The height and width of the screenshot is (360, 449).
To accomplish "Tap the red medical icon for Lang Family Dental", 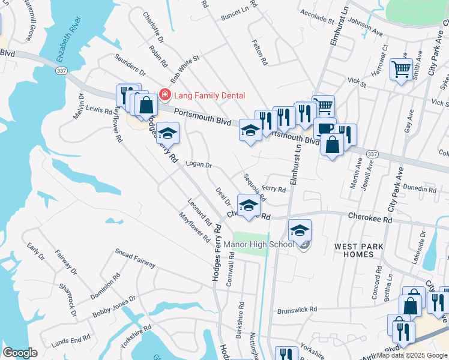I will click(164, 95).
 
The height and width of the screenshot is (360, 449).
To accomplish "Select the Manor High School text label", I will click(259, 244).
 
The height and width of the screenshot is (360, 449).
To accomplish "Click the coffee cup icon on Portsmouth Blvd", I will click(325, 128).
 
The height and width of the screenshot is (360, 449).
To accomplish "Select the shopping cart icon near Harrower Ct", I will click(400, 68).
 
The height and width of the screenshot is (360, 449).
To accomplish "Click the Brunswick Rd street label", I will click(297, 310).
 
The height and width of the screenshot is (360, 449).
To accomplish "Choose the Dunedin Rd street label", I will click(420, 189).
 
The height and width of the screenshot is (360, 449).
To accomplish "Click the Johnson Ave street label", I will click(365, 28).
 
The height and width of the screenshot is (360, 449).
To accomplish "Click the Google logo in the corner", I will click(20, 353).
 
